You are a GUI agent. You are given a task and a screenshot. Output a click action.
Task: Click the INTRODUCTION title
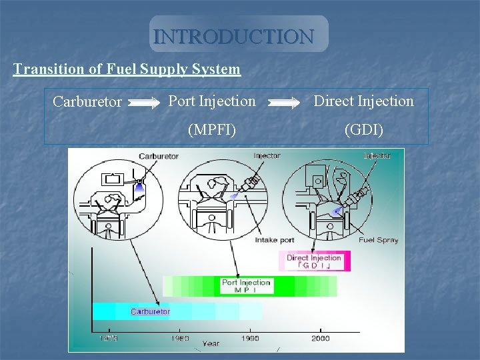click(x=233, y=35)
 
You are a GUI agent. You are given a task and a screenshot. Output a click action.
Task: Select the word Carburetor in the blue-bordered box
click(x=87, y=102)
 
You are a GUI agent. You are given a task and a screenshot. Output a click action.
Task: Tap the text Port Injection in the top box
click(x=211, y=101)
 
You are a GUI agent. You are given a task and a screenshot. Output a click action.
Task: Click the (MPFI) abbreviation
click(x=211, y=129)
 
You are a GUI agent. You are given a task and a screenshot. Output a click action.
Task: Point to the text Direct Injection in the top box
click(x=363, y=101)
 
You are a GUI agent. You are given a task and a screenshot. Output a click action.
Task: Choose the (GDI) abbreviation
click(x=363, y=129)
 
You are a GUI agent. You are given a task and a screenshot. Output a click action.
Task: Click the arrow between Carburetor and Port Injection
click(x=143, y=103)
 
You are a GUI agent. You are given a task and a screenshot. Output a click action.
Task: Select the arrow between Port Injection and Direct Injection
click(x=285, y=103)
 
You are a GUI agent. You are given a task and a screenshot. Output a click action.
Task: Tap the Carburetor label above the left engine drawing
click(x=159, y=156)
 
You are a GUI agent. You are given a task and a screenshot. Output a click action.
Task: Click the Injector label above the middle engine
click(x=267, y=155)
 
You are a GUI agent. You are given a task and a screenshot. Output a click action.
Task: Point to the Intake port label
click(x=275, y=240)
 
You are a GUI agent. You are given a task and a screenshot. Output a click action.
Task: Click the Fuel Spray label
click(x=378, y=240)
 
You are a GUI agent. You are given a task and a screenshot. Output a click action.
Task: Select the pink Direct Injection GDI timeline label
click(x=313, y=261)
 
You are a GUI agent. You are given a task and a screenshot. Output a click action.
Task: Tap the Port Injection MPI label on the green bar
click(x=246, y=286)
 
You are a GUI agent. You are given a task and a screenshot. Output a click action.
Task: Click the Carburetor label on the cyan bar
click(x=150, y=311)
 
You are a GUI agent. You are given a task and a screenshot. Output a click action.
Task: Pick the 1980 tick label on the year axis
click(x=179, y=338)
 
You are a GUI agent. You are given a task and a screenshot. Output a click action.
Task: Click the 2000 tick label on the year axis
click(x=320, y=338)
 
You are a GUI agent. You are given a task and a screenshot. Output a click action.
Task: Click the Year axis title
click(x=211, y=343)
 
